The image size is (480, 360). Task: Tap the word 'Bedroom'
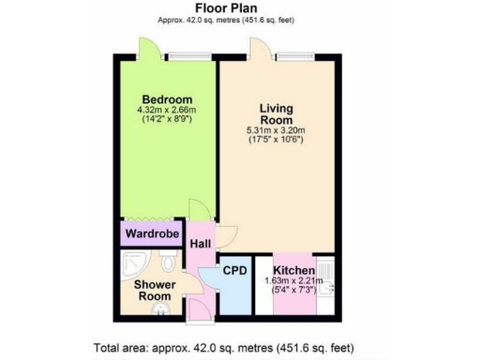(x=167, y=99)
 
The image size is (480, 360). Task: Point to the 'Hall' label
(x=200, y=244)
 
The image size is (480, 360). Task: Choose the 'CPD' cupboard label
(x=234, y=271)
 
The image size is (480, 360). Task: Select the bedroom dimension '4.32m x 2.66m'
(x=167, y=111)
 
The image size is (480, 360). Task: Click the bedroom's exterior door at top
(x=147, y=49)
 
